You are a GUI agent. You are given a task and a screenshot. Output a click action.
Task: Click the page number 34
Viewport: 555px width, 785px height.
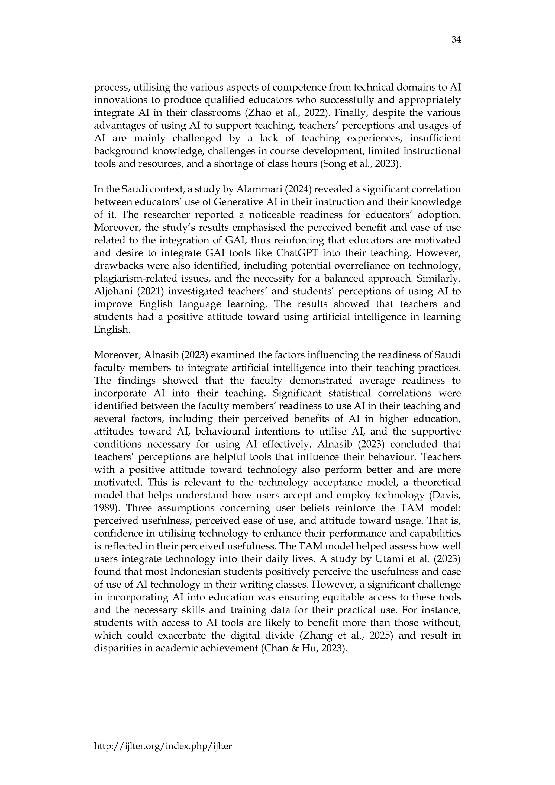tap(456, 40)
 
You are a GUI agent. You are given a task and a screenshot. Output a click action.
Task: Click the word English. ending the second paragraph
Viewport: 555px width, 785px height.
tap(112, 330)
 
